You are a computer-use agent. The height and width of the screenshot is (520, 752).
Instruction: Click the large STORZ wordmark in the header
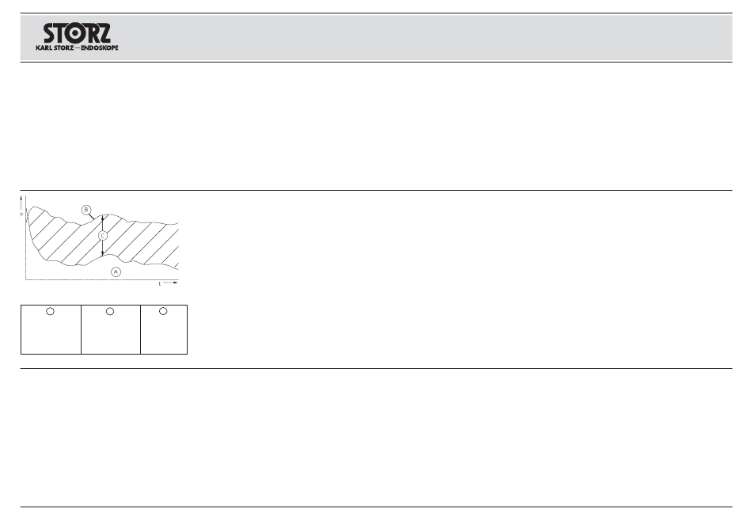pyautogui.click(x=77, y=32)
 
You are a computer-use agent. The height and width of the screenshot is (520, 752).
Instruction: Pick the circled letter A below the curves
pyautogui.click(x=116, y=271)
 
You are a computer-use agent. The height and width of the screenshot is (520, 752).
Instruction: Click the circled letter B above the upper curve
pyautogui.click(x=86, y=210)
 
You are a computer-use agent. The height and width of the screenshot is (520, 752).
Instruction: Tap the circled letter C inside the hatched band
pyautogui.click(x=103, y=235)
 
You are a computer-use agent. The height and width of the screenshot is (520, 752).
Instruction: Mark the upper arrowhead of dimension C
pyautogui.click(x=104, y=217)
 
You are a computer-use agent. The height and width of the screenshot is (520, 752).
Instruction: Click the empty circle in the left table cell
pyautogui.click(x=50, y=312)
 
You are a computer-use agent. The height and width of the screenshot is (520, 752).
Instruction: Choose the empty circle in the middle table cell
pyautogui.click(x=110, y=312)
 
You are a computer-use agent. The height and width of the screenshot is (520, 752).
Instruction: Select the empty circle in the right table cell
pyautogui.click(x=163, y=312)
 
